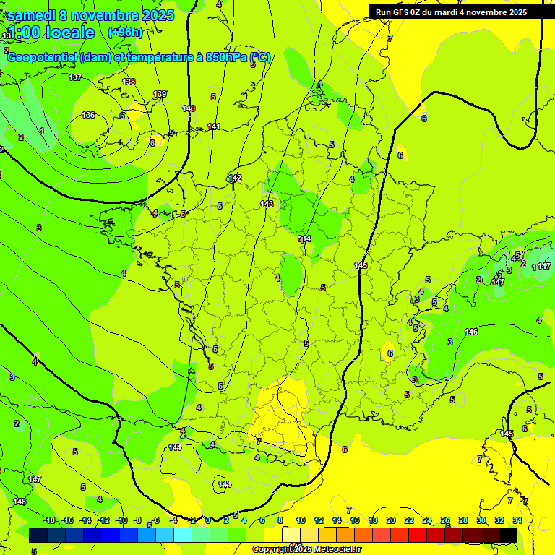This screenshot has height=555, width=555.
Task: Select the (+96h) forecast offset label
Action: pos(125,33)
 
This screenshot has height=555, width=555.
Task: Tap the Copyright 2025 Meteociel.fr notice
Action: pos(306,550)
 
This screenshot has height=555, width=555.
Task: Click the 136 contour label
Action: pos(88,115)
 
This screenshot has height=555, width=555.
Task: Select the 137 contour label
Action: pos(75,77)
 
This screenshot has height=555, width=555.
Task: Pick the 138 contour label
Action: pos(129,82)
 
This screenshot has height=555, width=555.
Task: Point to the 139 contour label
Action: pos(160,94)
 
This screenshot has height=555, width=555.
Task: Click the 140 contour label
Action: pos(189,108)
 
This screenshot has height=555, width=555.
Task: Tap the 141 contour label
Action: pos(214,126)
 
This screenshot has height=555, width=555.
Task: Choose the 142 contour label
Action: pos(235,178)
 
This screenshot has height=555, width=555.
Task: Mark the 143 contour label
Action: pos(267,204)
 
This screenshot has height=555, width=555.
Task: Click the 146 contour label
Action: pos(471,332)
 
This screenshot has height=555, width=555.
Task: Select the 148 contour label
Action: pos(20,502)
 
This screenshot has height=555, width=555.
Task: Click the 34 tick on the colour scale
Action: pos(517,520)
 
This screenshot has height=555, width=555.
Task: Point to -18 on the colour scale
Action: pos(49,520)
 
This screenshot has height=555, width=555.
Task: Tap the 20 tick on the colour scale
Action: pos(391,520)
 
